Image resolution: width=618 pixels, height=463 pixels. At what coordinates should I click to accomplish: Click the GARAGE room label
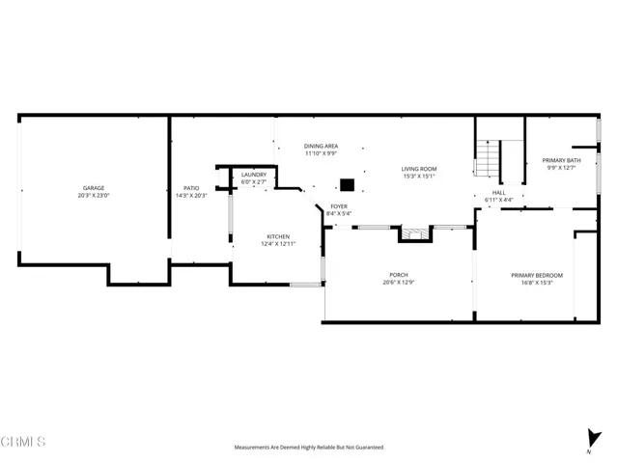click(93, 188)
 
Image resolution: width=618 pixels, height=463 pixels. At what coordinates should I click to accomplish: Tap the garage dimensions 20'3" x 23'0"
click(93, 196)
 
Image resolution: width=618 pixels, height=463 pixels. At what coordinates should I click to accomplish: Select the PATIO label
click(191, 188)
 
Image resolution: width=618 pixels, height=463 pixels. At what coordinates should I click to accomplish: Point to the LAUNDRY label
click(254, 175)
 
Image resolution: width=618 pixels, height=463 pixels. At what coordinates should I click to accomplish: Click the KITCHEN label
click(278, 236)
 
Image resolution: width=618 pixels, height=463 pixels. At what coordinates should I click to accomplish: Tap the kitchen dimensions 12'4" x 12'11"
click(278, 244)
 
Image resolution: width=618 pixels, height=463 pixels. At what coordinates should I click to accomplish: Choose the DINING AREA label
click(320, 145)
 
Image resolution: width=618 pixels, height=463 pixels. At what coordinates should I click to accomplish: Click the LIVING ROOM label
click(419, 169)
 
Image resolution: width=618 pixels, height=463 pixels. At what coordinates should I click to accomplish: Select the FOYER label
click(339, 206)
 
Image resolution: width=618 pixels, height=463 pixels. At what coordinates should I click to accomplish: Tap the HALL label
click(499, 192)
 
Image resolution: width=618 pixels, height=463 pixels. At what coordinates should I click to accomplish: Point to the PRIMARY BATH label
click(561, 160)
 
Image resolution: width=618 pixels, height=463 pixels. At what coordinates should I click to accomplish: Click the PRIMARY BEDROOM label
click(537, 276)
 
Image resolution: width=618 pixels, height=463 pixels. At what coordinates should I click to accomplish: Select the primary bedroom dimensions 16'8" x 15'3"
click(537, 284)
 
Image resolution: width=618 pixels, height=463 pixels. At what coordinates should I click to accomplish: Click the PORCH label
click(399, 276)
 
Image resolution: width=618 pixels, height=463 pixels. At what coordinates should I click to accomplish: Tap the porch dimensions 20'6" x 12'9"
click(399, 284)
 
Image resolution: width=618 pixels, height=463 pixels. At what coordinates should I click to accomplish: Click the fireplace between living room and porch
click(412, 233)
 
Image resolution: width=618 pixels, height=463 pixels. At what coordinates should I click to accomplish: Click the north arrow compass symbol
click(590, 439)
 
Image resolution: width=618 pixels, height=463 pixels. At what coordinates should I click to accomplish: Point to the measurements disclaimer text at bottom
click(308, 448)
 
